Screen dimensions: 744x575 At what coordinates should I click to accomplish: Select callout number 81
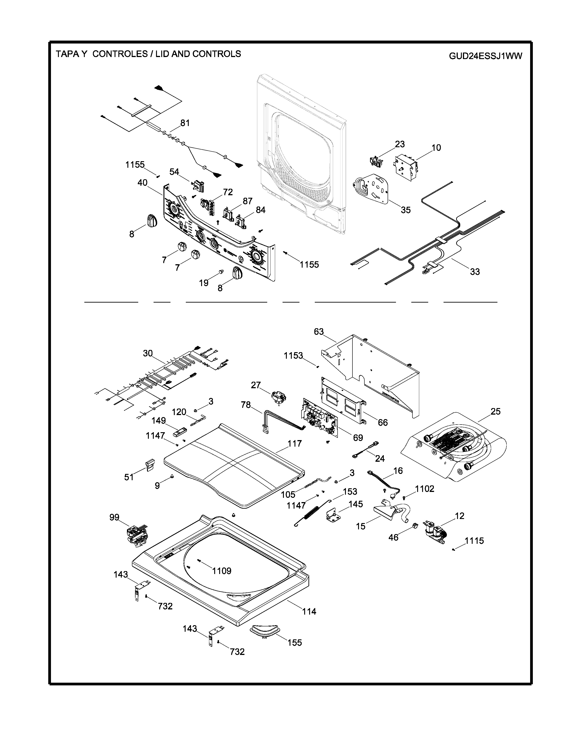185,123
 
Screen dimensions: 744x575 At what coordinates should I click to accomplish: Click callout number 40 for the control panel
142,183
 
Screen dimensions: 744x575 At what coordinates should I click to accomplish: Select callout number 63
319,331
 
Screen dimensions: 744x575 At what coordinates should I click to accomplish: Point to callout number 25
495,411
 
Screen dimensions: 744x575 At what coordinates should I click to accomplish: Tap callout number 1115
474,541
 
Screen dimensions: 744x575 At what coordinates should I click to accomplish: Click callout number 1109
222,571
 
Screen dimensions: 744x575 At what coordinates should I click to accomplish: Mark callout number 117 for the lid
295,443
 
